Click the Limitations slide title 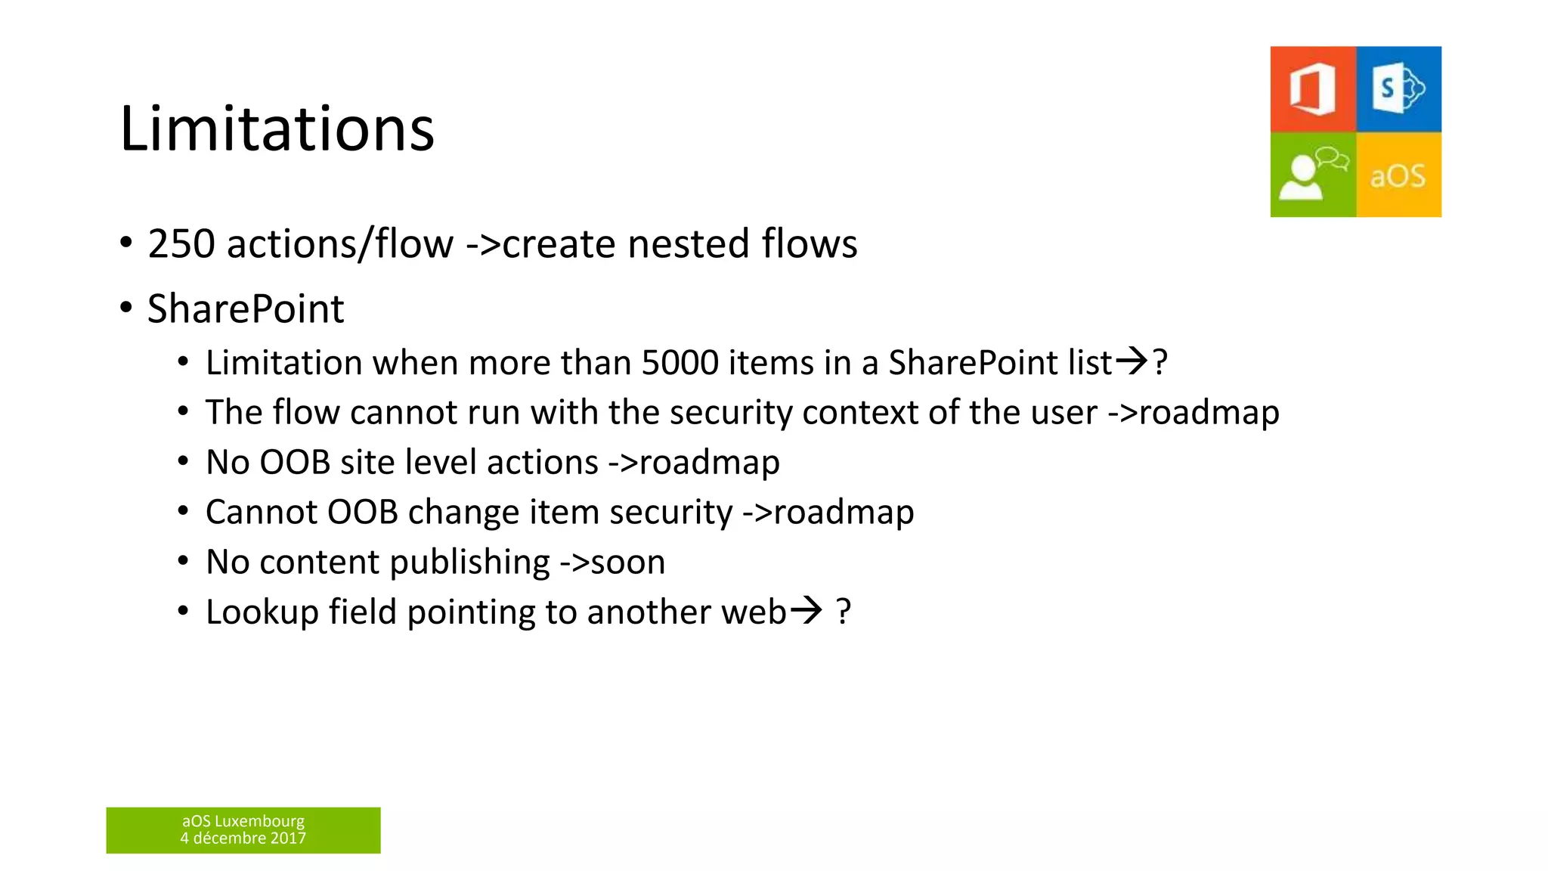(277, 129)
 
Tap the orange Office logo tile (1313, 89)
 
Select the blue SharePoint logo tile (1399, 89)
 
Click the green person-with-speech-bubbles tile (1313, 175)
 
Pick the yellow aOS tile (1398, 175)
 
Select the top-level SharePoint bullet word (246, 308)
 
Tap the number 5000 (680, 363)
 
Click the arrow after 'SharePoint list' (1132, 361)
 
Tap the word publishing (469, 563)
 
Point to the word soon (627, 563)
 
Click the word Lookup (262, 612)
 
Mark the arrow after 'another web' (806, 609)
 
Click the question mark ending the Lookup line (844, 612)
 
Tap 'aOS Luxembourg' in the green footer (243, 821)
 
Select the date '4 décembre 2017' (243, 838)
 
